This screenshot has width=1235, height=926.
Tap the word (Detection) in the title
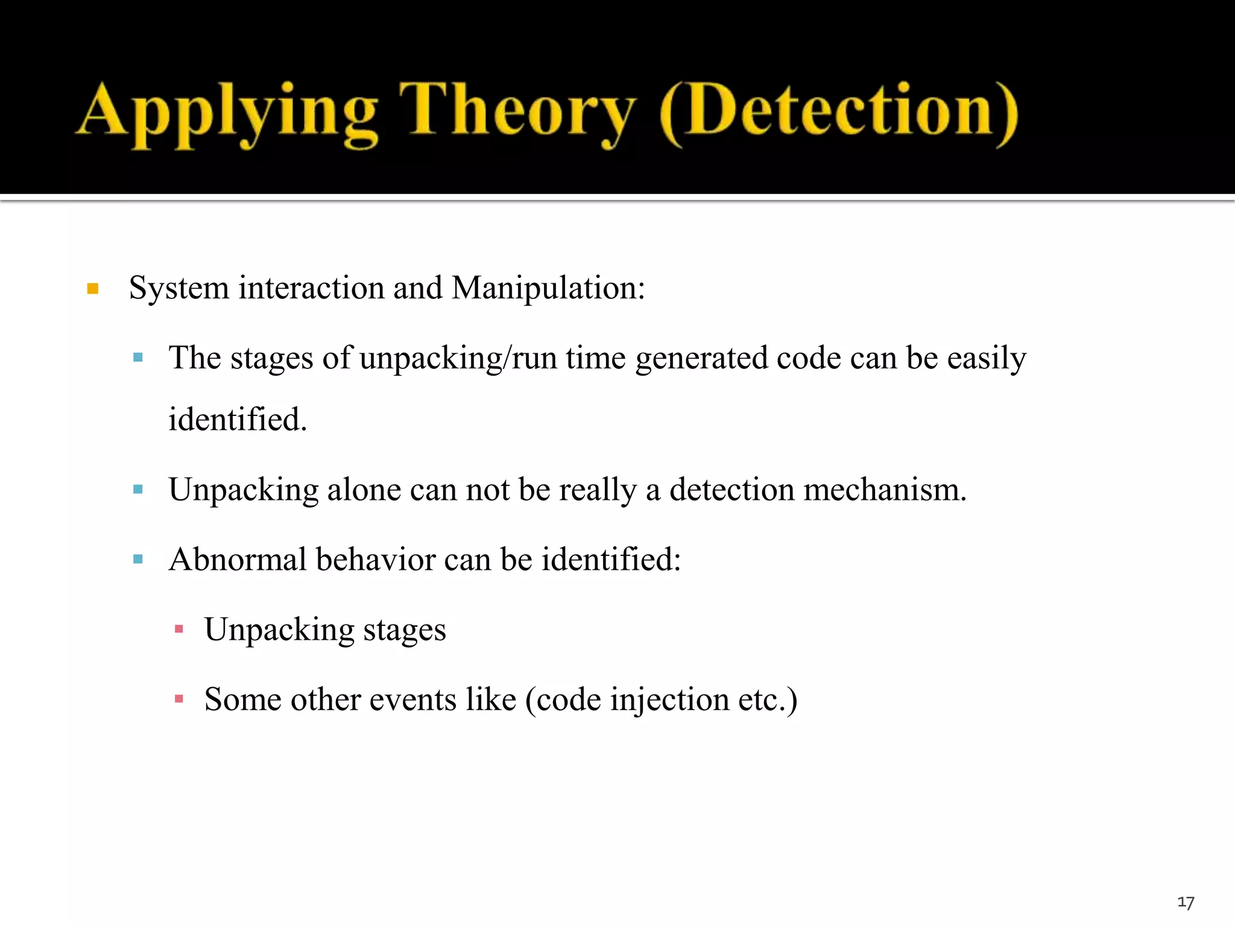(x=838, y=113)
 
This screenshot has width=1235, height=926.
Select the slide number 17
(x=1186, y=902)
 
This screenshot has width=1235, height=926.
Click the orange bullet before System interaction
(x=93, y=289)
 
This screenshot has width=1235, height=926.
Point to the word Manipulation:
(x=548, y=288)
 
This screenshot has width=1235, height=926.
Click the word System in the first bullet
(x=178, y=288)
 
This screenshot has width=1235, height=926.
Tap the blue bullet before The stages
(x=138, y=357)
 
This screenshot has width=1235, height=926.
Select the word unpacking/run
(x=458, y=358)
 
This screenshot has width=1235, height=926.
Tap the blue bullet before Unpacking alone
(x=138, y=489)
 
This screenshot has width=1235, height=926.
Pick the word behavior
(x=375, y=559)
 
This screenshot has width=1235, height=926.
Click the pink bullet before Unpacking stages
(x=178, y=629)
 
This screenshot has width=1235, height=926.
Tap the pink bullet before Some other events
(x=178, y=699)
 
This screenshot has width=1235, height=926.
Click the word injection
(x=669, y=700)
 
